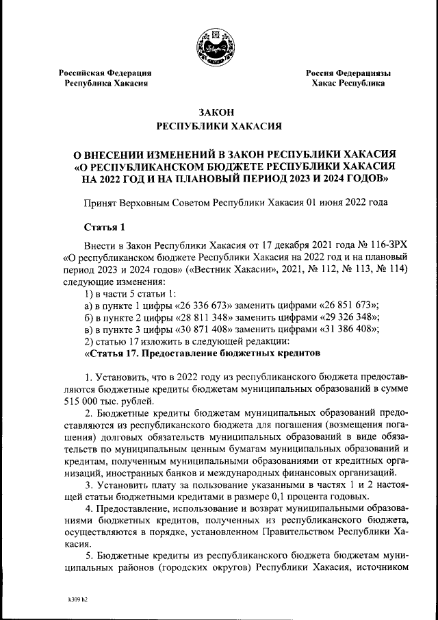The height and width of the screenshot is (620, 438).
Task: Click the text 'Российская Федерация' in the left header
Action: coord(104,73)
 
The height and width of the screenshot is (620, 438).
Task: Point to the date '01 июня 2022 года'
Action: coord(346,202)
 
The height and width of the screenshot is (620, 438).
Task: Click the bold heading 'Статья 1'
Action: coord(104,227)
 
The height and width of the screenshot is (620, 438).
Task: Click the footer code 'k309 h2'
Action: coord(77,598)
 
